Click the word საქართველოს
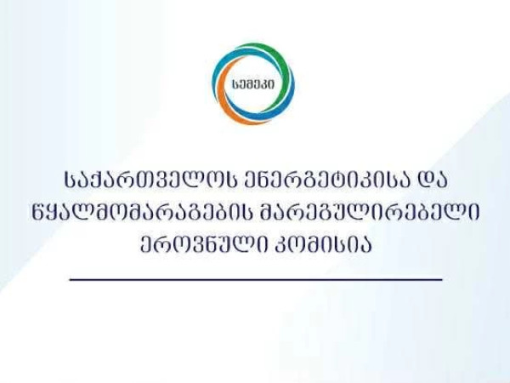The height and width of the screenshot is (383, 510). (145, 180)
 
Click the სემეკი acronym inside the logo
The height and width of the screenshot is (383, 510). (253, 84)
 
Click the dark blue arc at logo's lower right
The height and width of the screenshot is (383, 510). (280, 104)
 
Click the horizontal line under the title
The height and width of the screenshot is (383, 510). (256, 279)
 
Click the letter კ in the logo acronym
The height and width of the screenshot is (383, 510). (265, 84)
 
